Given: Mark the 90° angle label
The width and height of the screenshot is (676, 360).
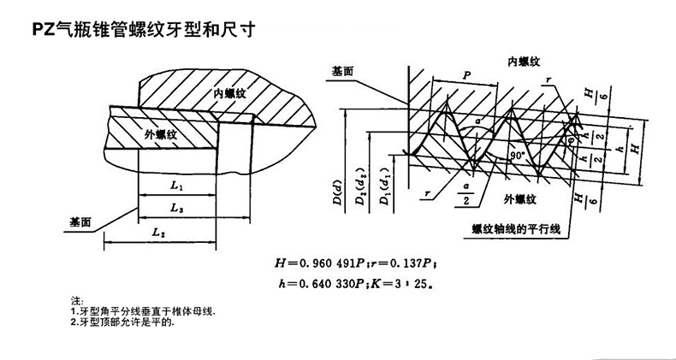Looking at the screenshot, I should point(517,157).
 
